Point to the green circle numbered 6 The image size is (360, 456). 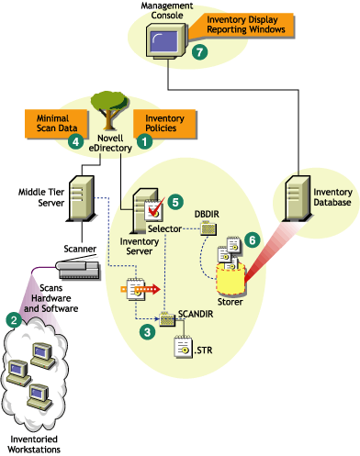[x=251, y=236]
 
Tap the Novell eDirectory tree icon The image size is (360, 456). [x=111, y=110]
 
